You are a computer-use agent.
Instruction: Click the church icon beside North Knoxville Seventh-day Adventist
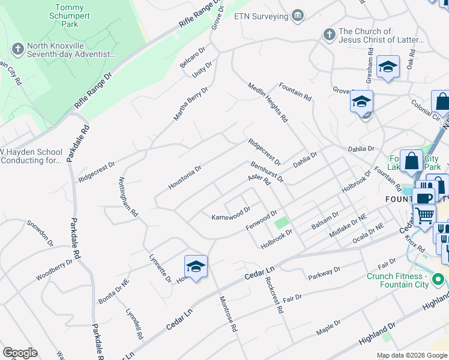19,49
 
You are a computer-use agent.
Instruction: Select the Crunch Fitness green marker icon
439,280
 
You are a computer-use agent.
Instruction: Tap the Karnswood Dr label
231,214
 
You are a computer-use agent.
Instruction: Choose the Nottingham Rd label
128,197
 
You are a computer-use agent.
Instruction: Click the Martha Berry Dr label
190,103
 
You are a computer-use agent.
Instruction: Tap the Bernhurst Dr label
267,171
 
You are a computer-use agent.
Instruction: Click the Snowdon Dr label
40,233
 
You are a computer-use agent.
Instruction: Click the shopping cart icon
424,215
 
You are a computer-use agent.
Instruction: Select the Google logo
20,353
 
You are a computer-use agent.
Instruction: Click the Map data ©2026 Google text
411,355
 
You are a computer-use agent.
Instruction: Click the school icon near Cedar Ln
196,266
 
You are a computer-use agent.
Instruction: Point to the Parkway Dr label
324,273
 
